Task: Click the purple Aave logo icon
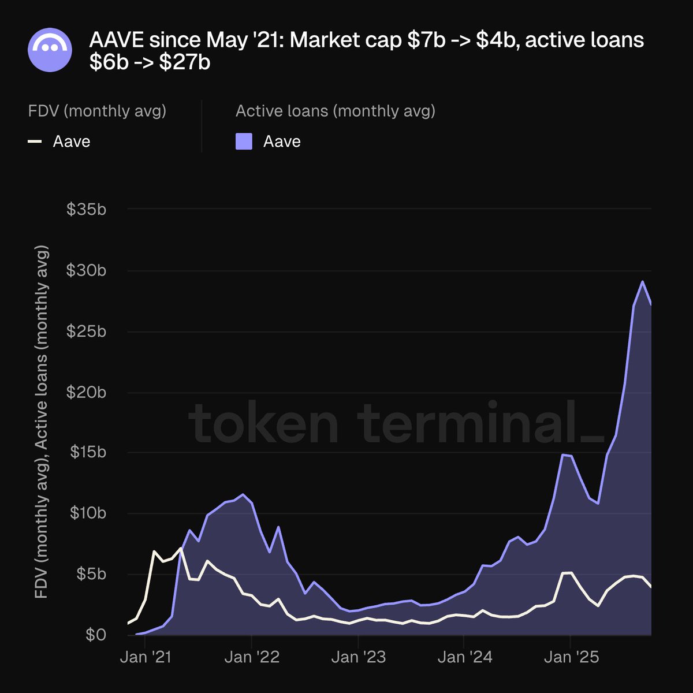click(x=50, y=50)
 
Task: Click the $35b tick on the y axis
click(x=87, y=209)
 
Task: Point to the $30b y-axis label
click(x=87, y=270)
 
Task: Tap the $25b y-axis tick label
click(x=87, y=331)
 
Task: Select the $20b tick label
click(x=87, y=392)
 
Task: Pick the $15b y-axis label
click(x=87, y=452)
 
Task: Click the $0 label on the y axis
click(x=96, y=635)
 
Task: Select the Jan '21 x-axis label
click(x=146, y=657)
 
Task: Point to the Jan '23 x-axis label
click(x=358, y=657)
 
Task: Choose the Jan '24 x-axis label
click(x=464, y=657)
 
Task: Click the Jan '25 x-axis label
click(x=571, y=657)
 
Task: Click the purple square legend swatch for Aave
click(x=244, y=141)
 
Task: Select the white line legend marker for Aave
click(x=35, y=141)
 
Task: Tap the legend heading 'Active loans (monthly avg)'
click(x=336, y=110)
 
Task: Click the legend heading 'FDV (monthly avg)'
click(x=97, y=110)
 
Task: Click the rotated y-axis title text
click(x=42, y=422)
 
